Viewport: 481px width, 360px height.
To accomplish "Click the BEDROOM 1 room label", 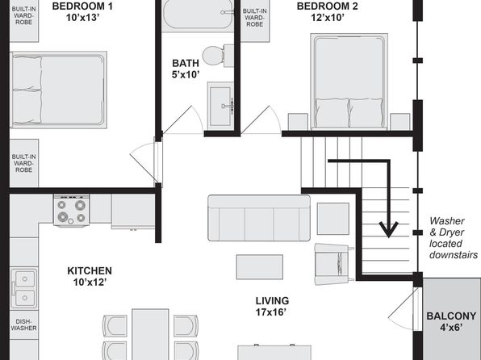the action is pyautogui.click(x=82, y=11).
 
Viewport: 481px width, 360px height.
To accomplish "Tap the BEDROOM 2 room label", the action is pyautogui.click(x=327, y=11).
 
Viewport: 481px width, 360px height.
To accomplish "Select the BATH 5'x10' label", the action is pyautogui.click(x=186, y=69).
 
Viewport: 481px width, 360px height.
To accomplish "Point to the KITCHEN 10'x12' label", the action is pyautogui.click(x=90, y=276).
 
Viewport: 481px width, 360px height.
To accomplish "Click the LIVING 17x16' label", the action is pyautogui.click(x=272, y=306).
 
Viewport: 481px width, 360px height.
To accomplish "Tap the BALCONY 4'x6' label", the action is pyautogui.click(x=451, y=321).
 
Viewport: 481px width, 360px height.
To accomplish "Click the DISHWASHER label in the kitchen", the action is pyautogui.click(x=23, y=324).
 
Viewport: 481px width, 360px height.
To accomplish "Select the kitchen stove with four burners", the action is pyautogui.click(x=72, y=210).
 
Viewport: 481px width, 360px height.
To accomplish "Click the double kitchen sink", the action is pyautogui.click(x=24, y=288).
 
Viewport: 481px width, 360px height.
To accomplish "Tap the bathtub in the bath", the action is pyautogui.click(x=198, y=14).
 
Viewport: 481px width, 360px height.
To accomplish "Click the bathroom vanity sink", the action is pyautogui.click(x=220, y=107).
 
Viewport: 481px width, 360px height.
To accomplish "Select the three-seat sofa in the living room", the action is pyautogui.click(x=259, y=218).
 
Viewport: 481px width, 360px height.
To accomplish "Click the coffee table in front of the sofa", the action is pyautogui.click(x=260, y=267).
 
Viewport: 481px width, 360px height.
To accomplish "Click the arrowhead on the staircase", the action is pyautogui.click(x=389, y=229).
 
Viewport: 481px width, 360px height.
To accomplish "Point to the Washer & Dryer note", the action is pyautogui.click(x=453, y=238).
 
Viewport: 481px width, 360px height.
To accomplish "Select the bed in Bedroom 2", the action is pyautogui.click(x=349, y=82).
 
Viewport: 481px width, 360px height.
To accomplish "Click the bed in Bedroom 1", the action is pyautogui.click(x=58, y=90).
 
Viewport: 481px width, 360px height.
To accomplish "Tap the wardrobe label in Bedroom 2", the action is pyautogui.click(x=254, y=18).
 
